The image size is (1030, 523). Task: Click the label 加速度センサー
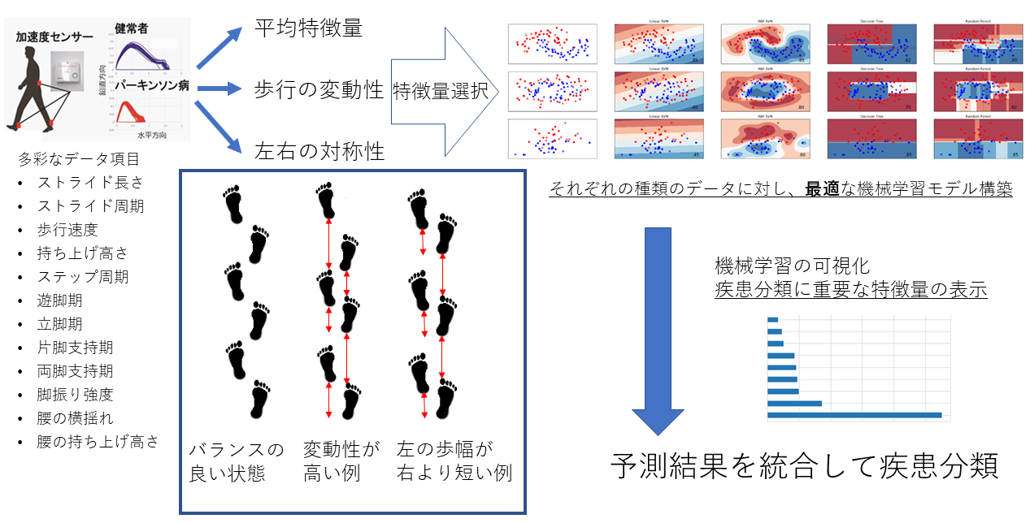point(54,37)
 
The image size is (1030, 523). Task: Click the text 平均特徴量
point(308,28)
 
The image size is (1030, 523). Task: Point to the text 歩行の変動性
point(319,89)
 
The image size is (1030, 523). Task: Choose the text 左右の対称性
point(319,150)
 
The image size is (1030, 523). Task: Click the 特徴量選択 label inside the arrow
point(440,91)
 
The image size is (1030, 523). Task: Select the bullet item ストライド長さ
point(90,183)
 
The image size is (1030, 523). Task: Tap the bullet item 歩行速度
point(67,230)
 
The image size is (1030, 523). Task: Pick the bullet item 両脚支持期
point(75,371)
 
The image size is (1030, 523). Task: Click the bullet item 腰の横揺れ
point(75,418)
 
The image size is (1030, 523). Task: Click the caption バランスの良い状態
point(237,461)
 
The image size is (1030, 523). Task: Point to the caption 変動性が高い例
point(341,461)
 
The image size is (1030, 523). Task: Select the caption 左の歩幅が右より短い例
point(454,461)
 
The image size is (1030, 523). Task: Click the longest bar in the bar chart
point(854,416)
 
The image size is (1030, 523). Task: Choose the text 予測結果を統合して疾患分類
point(804,466)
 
